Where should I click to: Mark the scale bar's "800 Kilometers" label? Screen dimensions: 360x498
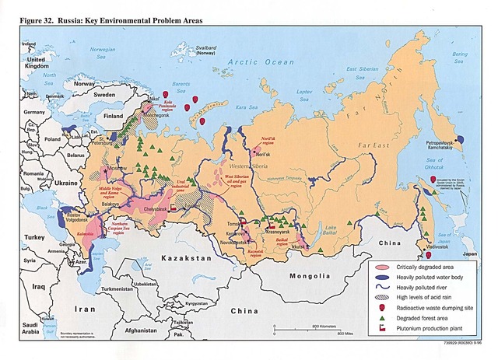[x=324, y=327]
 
